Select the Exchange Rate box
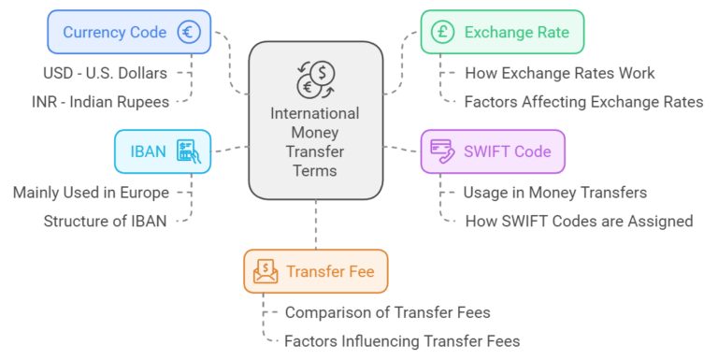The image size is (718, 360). tap(502, 32)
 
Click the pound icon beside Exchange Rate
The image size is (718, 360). tap(442, 32)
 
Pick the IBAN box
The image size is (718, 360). tap(163, 151)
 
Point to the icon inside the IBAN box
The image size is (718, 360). tap(189, 151)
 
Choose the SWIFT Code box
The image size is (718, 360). tap(493, 151)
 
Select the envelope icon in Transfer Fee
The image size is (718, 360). tap(266, 271)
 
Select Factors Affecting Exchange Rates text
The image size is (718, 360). tap(583, 101)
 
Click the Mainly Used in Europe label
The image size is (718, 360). tap(91, 194)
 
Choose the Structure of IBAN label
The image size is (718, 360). tap(107, 221)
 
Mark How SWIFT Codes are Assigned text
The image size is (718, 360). tap(578, 221)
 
